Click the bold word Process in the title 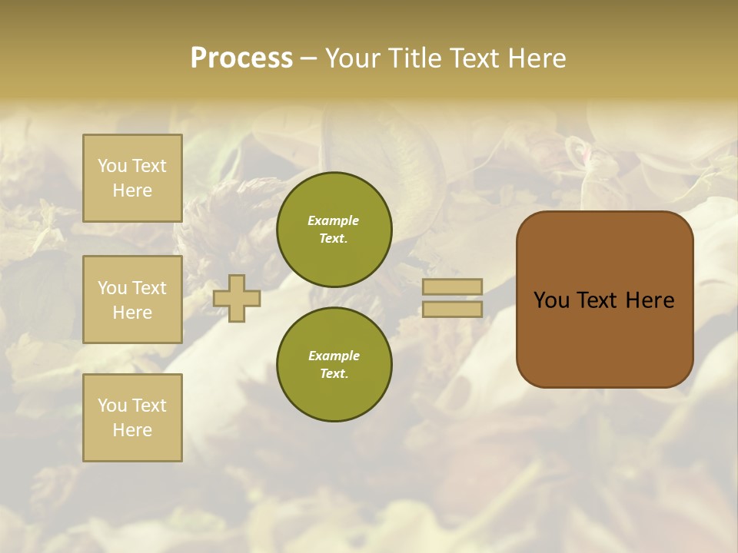tap(241, 58)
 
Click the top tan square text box tap(132, 178)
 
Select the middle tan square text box tap(132, 300)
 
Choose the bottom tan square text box tap(132, 418)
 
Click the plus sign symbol tap(237, 298)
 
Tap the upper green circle tap(334, 230)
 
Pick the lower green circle tap(334, 364)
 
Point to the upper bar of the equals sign tap(453, 287)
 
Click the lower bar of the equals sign tap(453, 309)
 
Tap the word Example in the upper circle tap(334, 220)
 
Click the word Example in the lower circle tap(334, 356)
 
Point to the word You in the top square tap(112, 166)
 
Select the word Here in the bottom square tap(132, 430)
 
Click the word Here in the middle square tap(132, 313)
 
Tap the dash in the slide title tap(309, 58)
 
